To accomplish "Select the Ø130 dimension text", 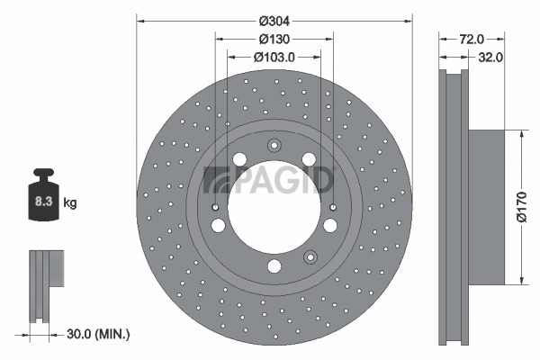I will point(274,39).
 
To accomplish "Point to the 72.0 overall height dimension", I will point(472,39).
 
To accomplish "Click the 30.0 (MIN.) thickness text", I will point(98,334).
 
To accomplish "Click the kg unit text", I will point(70,202).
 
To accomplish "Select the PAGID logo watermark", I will point(270,180).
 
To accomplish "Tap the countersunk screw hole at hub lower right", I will point(310,255).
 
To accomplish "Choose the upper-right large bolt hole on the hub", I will point(309,159).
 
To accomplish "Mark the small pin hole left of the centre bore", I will point(215,207).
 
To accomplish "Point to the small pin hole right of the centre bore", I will point(333,207).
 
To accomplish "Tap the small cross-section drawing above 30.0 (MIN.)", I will point(46,283).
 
